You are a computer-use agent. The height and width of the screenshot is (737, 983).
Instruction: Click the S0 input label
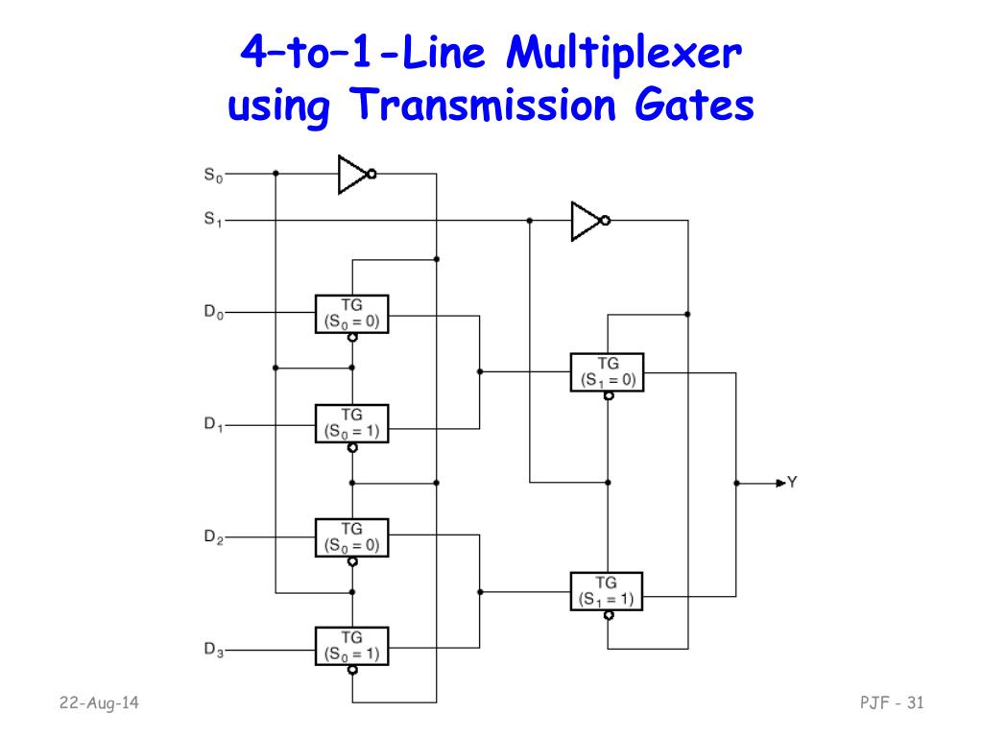(211, 175)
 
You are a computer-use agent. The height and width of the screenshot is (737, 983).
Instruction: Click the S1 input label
(211, 220)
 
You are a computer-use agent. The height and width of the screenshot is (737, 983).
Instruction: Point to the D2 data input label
(213, 538)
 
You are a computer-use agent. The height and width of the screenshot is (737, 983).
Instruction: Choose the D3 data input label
(213, 651)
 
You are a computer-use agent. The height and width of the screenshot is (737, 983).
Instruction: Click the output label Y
(792, 483)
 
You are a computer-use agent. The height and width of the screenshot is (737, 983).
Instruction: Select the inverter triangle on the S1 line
(586, 221)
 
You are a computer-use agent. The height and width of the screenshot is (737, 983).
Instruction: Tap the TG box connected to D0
(352, 314)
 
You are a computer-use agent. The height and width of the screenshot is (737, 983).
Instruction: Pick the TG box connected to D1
(352, 423)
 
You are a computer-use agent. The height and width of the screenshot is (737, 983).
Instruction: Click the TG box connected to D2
(352, 536)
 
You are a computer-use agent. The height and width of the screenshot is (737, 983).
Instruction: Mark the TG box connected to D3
(352, 647)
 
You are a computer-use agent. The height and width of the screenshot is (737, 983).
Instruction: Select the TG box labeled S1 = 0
(608, 371)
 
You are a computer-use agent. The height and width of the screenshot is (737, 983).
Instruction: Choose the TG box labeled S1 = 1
(608, 591)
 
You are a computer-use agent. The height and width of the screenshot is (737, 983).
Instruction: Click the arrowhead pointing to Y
(780, 483)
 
